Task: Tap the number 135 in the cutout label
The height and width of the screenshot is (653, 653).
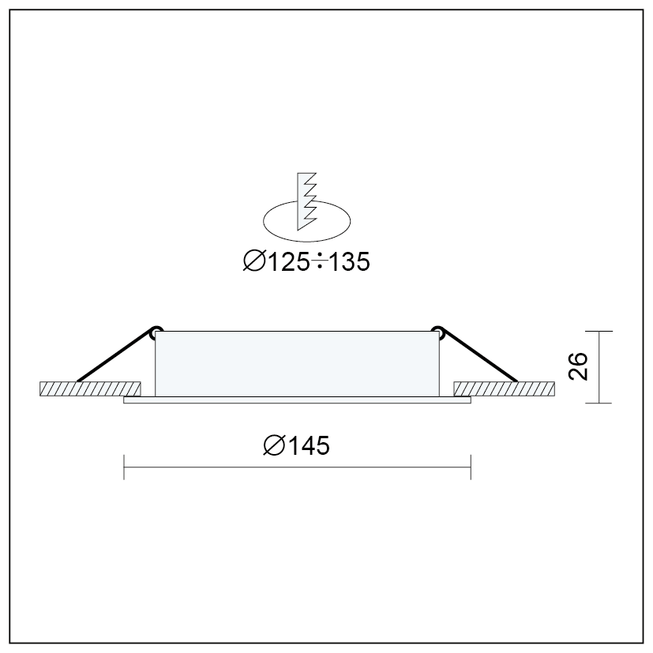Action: (x=349, y=262)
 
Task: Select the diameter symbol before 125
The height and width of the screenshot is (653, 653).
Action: (x=254, y=261)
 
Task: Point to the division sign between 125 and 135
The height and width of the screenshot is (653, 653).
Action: (x=320, y=261)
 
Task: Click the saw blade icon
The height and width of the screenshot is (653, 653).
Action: (x=306, y=201)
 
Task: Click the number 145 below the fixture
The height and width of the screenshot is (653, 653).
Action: (x=309, y=445)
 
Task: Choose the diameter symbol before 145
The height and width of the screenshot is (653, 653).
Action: (x=274, y=445)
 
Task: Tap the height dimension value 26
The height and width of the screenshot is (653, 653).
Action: (x=578, y=366)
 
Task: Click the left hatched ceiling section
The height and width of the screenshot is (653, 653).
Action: (x=90, y=388)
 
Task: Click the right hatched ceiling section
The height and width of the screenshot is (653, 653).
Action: (x=504, y=388)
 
